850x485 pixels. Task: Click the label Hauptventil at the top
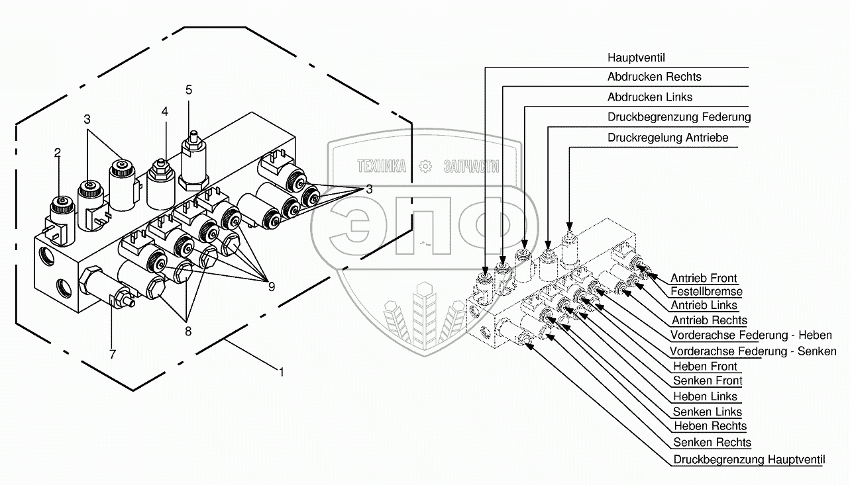pyautogui.click(x=636, y=57)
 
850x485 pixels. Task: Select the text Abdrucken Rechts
pyautogui.click(x=654, y=77)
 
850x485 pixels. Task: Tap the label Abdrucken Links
pyautogui.click(x=649, y=97)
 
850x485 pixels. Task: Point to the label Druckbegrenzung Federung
pyautogui.click(x=678, y=117)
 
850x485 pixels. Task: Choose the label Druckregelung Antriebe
pyautogui.click(x=667, y=138)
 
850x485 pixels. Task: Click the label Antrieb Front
pyautogui.click(x=703, y=279)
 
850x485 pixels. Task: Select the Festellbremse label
pyautogui.click(x=706, y=291)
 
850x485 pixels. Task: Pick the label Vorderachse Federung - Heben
pyautogui.click(x=751, y=335)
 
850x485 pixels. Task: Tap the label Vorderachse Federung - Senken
pyautogui.click(x=753, y=351)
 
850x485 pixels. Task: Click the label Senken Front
pyautogui.click(x=707, y=380)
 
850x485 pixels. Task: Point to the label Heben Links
pyautogui.click(x=704, y=397)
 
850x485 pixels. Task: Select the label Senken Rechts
pyautogui.click(x=712, y=442)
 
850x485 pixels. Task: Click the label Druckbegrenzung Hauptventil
pyautogui.click(x=749, y=459)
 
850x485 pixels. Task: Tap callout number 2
pyautogui.click(x=58, y=153)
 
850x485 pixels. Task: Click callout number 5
pyautogui.click(x=189, y=89)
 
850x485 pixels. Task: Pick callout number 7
pyautogui.click(x=113, y=355)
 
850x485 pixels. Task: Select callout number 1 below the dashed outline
pyautogui.click(x=282, y=373)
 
